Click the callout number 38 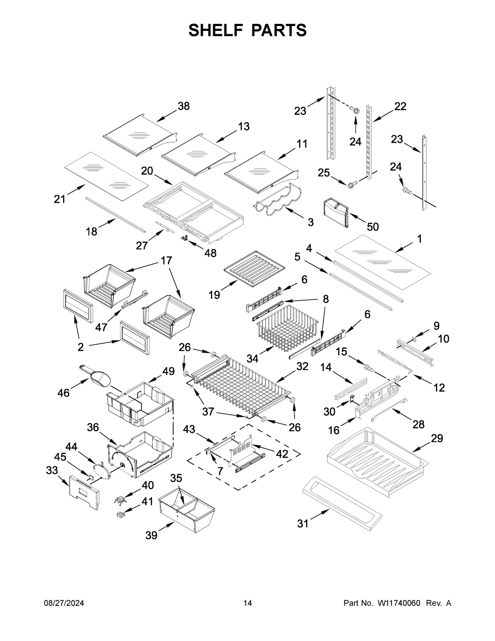(184, 106)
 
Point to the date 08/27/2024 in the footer (64, 603)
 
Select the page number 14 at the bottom (247, 603)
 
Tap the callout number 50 (372, 227)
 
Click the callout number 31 (303, 523)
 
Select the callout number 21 (60, 199)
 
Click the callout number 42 (282, 454)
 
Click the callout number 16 (334, 430)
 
